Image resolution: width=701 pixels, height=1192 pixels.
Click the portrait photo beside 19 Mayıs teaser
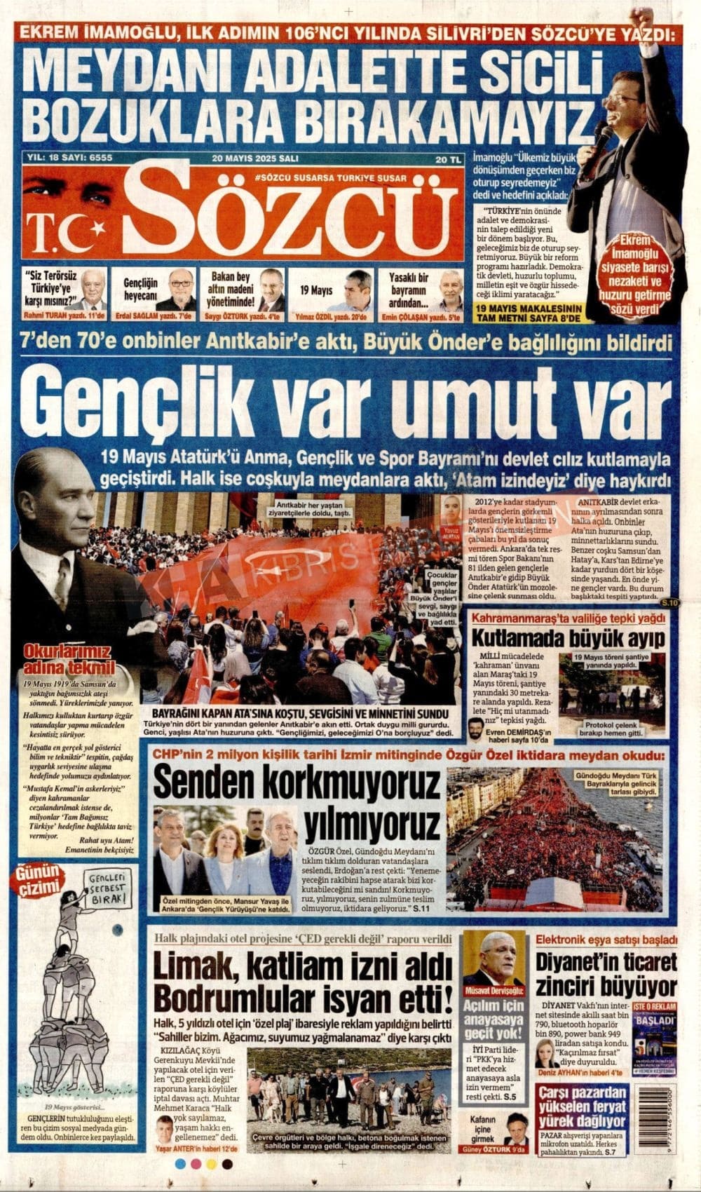(358, 289)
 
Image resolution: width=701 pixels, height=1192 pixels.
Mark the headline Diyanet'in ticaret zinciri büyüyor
(606, 975)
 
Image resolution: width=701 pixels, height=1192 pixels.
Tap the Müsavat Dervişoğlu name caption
(494, 991)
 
